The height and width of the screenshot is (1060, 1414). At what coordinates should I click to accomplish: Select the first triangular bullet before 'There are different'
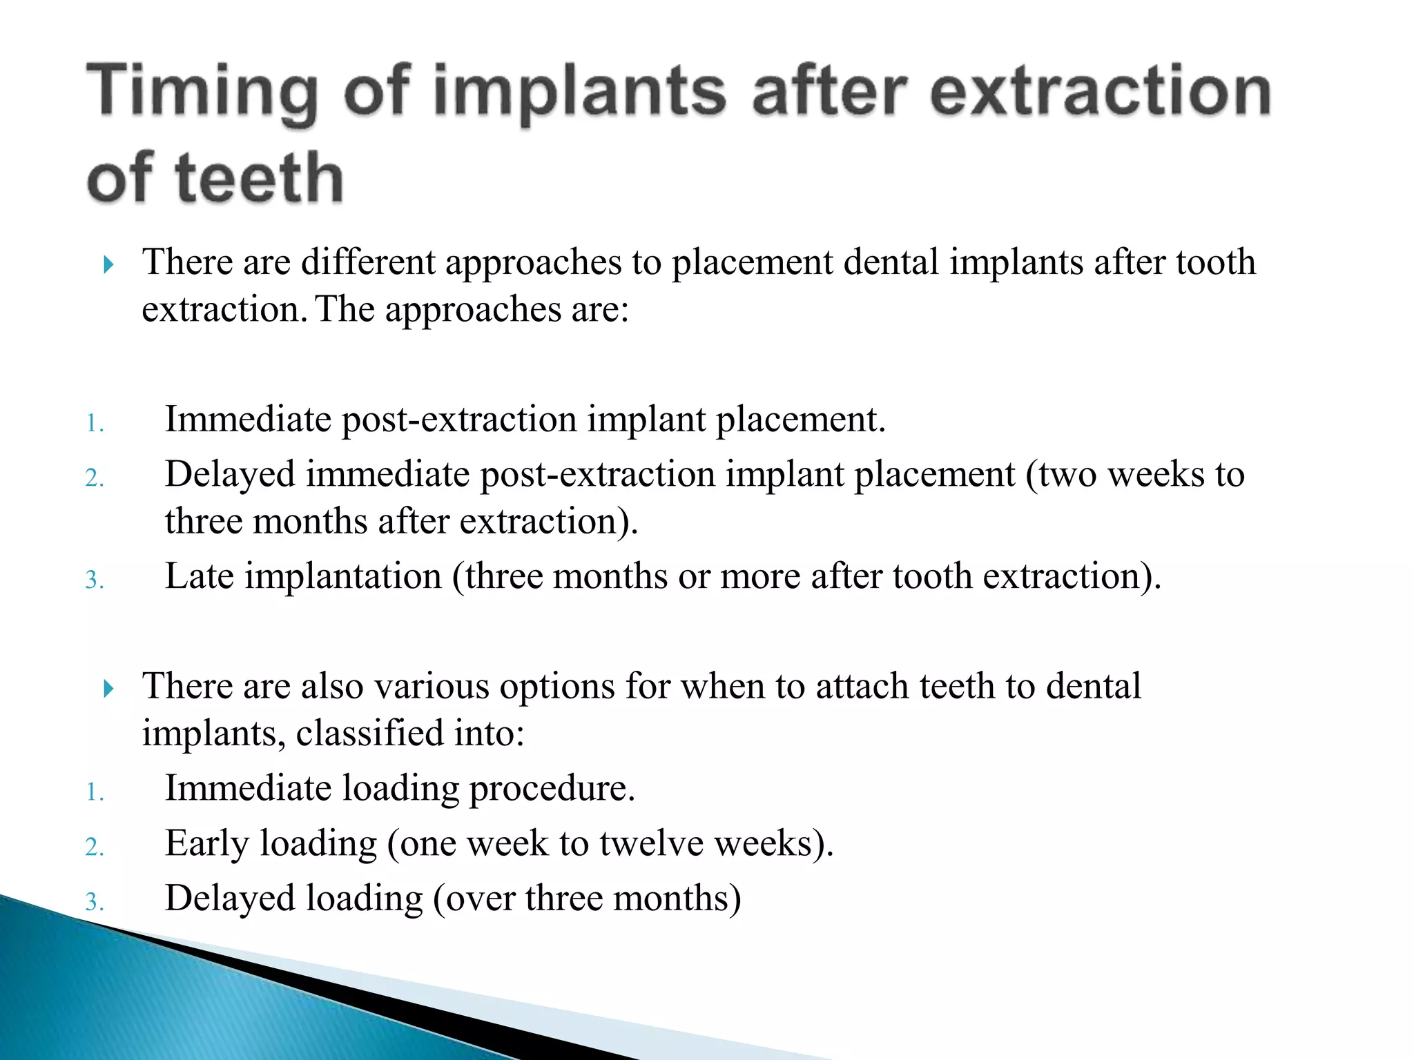pyautogui.click(x=108, y=264)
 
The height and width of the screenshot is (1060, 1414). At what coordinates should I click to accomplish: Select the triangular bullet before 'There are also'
pyautogui.click(x=108, y=688)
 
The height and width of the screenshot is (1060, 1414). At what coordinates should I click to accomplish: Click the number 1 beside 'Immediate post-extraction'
pyautogui.click(x=95, y=422)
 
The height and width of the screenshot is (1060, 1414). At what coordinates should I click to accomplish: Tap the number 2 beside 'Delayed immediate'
pyautogui.click(x=95, y=478)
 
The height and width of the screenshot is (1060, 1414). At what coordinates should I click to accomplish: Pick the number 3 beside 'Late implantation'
pyautogui.click(x=95, y=579)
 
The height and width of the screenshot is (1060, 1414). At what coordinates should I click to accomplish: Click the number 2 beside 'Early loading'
pyautogui.click(x=95, y=846)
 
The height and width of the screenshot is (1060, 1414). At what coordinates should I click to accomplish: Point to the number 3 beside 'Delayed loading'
pyautogui.click(x=95, y=901)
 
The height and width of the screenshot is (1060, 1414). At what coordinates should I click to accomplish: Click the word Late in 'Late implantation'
pyautogui.click(x=200, y=576)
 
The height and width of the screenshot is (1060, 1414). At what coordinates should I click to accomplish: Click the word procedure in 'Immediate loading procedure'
pyautogui.click(x=552, y=789)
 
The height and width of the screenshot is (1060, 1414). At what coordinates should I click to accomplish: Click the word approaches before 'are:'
pyautogui.click(x=473, y=310)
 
